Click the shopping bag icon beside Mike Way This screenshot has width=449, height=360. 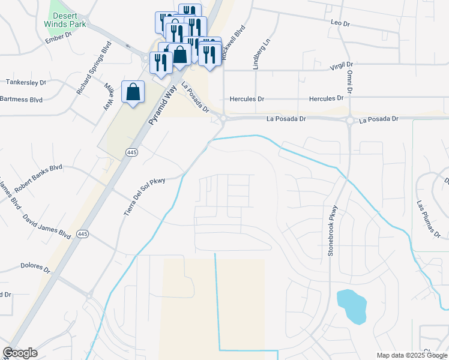coord(133,92)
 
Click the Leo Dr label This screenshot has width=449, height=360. coord(340,22)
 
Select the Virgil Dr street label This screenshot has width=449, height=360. coord(343,66)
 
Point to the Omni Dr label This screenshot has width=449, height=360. coord(349,82)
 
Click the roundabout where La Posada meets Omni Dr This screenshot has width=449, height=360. coord(349,121)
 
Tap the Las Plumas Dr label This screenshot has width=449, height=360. coord(429,219)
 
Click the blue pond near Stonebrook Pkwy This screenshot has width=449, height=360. coord(351,305)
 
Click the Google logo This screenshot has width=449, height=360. coord(20,353)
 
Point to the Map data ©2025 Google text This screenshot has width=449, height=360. coord(411,355)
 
